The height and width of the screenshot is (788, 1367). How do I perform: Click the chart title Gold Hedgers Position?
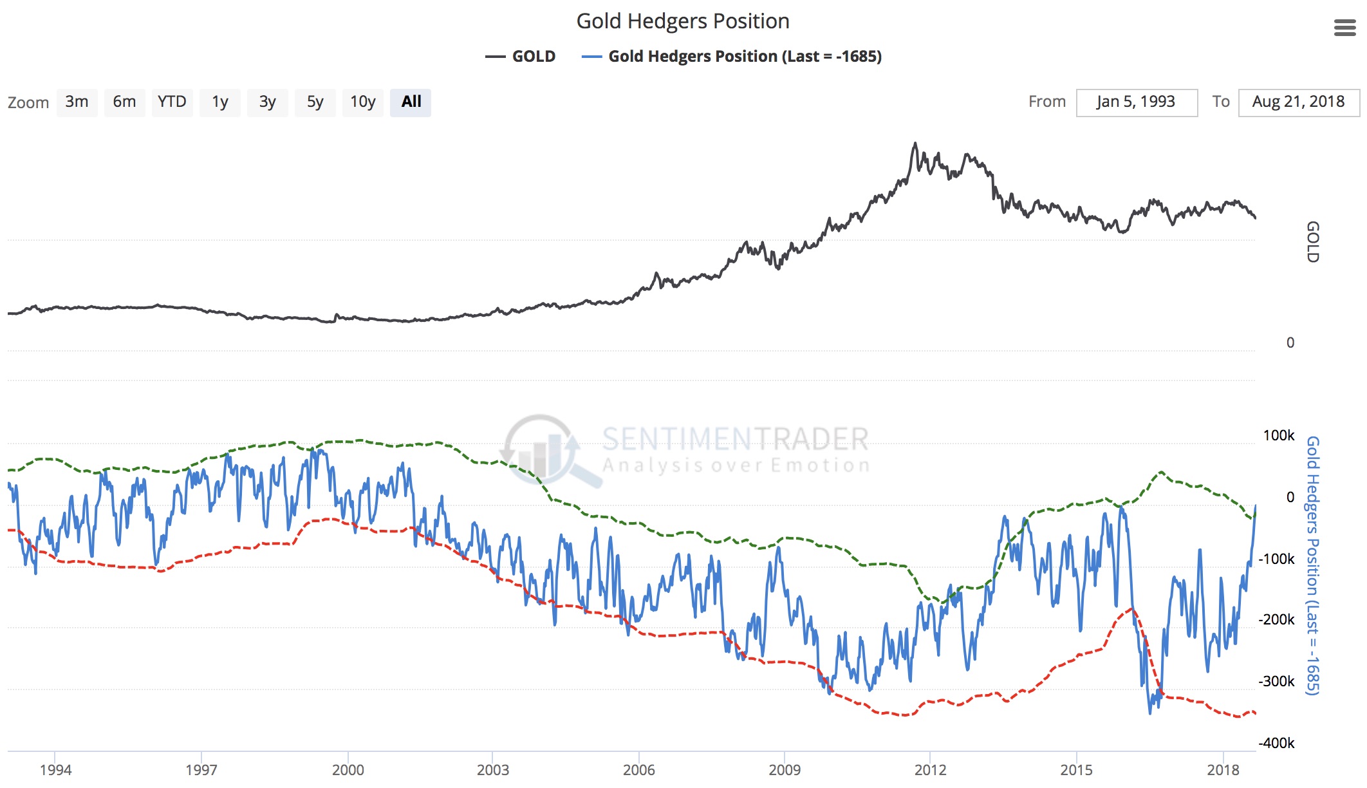pyautogui.click(x=682, y=21)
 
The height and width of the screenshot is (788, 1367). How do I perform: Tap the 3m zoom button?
pyautogui.click(x=77, y=102)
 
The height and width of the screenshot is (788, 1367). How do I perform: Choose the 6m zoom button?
pyautogui.click(x=124, y=102)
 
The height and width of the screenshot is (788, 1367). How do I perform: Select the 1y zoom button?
pyautogui.click(x=220, y=102)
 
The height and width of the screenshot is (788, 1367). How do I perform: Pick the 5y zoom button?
pyautogui.click(x=315, y=102)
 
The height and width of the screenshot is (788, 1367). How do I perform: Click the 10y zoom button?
pyautogui.click(x=362, y=102)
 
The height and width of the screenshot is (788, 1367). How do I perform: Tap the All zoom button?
pyautogui.click(x=411, y=102)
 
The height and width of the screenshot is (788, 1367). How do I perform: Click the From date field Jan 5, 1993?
pyautogui.click(x=1136, y=102)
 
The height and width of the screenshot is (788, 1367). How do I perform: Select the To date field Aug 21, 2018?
pyautogui.click(x=1298, y=102)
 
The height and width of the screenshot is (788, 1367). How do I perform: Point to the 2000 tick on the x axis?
pyautogui.click(x=348, y=769)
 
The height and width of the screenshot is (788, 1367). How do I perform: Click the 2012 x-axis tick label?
pyautogui.click(x=930, y=769)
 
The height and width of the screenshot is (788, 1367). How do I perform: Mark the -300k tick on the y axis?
pyautogui.click(x=1276, y=681)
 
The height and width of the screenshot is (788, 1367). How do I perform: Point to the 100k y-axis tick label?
pyautogui.click(x=1278, y=435)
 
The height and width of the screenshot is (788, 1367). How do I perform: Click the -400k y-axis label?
pyautogui.click(x=1276, y=743)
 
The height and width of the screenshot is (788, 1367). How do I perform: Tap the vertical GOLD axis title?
pyautogui.click(x=1312, y=241)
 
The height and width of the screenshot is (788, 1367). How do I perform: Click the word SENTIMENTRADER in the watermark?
pyautogui.click(x=735, y=439)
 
